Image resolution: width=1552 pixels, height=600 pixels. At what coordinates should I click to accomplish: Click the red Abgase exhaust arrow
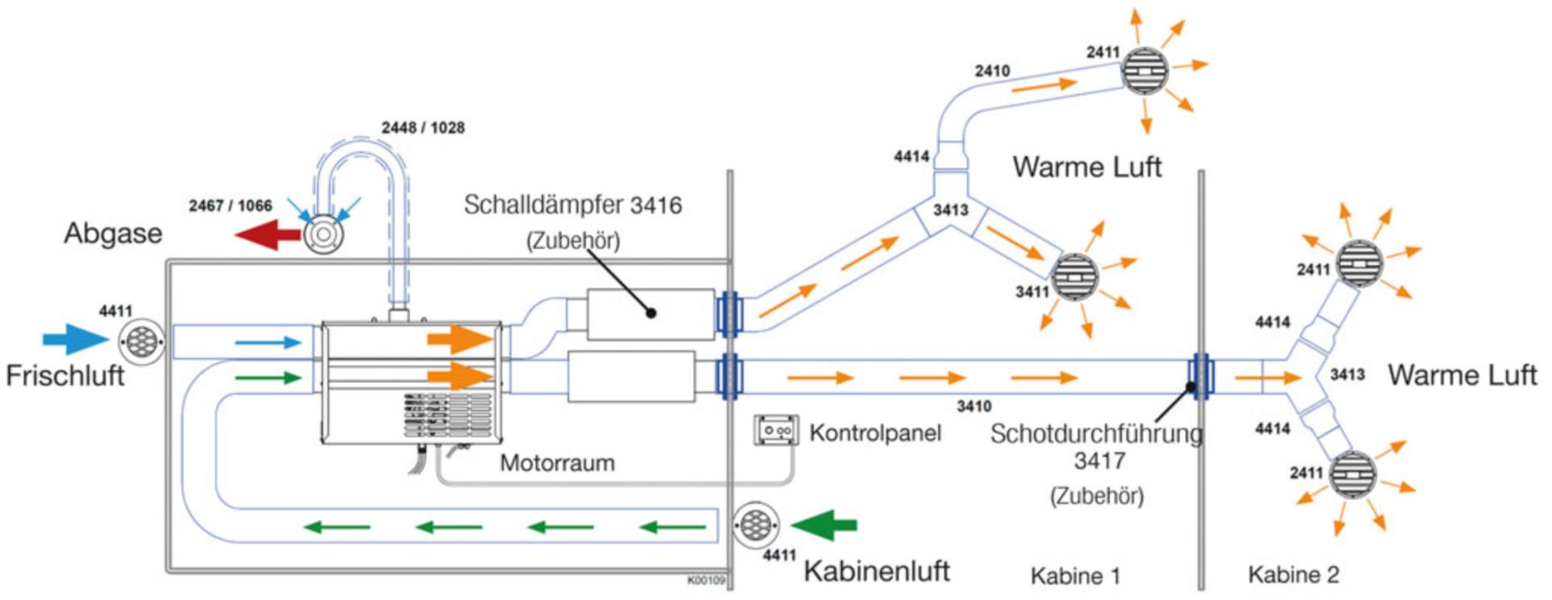[267, 235]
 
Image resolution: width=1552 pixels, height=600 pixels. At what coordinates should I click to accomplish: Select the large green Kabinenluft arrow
[824, 525]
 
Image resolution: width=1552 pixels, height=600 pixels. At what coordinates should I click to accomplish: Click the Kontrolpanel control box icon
[776, 430]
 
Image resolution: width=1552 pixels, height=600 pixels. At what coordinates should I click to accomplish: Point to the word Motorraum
[557, 463]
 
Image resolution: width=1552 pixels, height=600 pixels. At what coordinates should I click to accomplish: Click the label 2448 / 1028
[423, 128]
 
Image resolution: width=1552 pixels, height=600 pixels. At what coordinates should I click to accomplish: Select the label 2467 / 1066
[230, 206]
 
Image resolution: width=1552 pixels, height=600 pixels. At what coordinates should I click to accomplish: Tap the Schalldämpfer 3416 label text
[572, 205]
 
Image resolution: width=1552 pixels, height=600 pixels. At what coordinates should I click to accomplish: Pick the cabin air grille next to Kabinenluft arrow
[756, 525]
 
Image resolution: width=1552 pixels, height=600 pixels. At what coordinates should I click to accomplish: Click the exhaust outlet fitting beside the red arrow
[323, 235]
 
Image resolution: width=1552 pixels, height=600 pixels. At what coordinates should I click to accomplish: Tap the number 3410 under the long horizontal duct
[973, 407]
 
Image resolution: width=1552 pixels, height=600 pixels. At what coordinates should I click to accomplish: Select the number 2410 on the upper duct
[992, 71]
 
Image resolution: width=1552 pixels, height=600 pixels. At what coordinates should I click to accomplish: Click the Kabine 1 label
[1075, 576]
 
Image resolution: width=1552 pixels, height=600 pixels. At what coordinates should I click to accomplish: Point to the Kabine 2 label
[1293, 575]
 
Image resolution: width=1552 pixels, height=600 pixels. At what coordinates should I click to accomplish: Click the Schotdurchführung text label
[1096, 434]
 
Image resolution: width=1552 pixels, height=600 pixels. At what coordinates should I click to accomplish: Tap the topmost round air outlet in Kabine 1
[1145, 71]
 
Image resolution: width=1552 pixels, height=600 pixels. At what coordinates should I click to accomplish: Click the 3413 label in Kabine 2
[1347, 374]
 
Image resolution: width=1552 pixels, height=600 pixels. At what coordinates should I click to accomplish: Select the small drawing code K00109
[706, 581]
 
